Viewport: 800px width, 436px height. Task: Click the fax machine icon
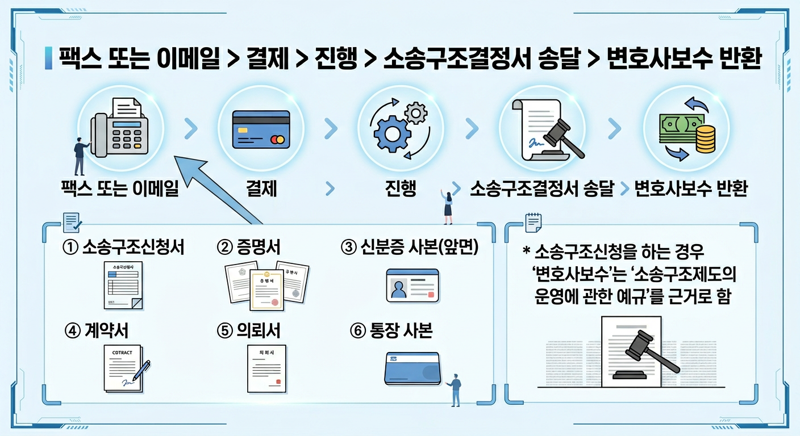(x=120, y=129)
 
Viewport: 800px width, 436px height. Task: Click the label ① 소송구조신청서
(x=124, y=247)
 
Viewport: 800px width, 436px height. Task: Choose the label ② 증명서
(x=249, y=247)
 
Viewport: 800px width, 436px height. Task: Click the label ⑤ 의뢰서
(x=249, y=331)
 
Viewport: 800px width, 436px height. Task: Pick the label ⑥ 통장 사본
(x=391, y=331)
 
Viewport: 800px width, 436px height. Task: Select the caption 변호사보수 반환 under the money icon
(x=690, y=188)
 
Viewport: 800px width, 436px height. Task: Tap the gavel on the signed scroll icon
(x=563, y=136)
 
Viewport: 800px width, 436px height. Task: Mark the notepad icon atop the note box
(x=533, y=222)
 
